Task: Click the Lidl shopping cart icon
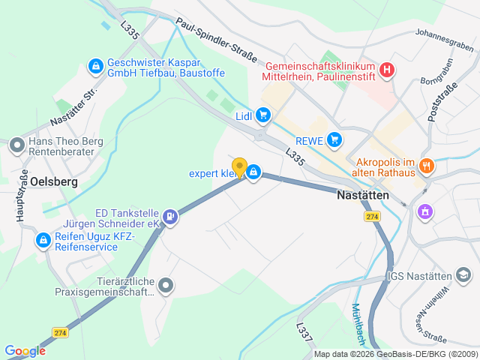[262, 115]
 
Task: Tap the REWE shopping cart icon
[334, 139]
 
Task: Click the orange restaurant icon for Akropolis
[427, 166]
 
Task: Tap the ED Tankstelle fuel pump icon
[172, 217]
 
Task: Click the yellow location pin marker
[240, 168]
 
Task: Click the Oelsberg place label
[55, 181]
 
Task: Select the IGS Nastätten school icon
[466, 276]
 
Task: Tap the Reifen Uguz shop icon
[43, 240]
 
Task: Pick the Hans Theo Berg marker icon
[16, 145]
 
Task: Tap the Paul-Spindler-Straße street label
[217, 40]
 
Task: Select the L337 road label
[303, 332]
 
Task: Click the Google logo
[25, 350]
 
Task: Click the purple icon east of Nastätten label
[425, 212]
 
